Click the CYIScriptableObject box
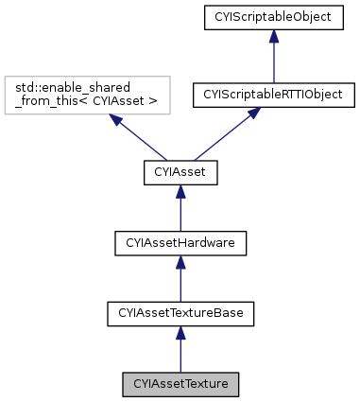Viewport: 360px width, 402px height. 272,18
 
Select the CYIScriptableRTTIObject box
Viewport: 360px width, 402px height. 272,95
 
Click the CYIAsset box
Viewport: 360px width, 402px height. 180,172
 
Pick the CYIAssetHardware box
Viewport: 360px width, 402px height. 180,243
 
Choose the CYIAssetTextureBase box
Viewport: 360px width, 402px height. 180,314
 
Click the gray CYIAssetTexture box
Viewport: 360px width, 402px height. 180,385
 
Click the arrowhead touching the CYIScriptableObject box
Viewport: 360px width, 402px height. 272,36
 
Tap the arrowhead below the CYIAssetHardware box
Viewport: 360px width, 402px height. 180,262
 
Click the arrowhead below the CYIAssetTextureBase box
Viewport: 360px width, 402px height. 180,333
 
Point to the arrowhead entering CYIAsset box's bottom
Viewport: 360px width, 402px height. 180,191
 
